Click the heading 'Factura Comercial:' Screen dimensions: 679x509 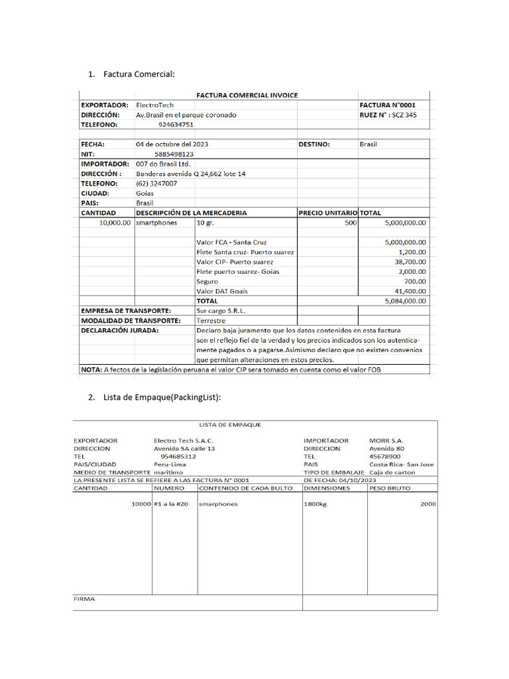pyautogui.click(x=139, y=74)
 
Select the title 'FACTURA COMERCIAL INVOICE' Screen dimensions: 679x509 pyautogui.click(x=247, y=95)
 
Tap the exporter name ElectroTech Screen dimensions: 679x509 pyautogui.click(x=155, y=105)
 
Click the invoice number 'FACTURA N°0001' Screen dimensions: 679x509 pyautogui.click(x=388, y=105)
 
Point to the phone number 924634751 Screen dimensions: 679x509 pyautogui.click(x=176, y=124)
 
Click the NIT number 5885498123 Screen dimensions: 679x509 pyautogui.click(x=174, y=154)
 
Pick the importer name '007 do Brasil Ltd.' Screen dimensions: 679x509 pyautogui.click(x=163, y=163)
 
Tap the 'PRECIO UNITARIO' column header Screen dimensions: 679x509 pyautogui.click(x=327, y=213)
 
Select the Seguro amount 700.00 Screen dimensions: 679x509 pyautogui.click(x=414, y=281)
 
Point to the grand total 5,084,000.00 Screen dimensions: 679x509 pyautogui.click(x=405, y=300)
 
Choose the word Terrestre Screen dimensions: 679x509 pyautogui.click(x=211, y=320)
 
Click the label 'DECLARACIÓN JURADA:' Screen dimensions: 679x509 pyautogui.click(x=120, y=330)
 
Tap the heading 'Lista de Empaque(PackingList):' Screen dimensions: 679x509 pyautogui.click(x=162, y=397)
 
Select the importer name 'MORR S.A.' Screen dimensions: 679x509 pyautogui.click(x=386, y=440)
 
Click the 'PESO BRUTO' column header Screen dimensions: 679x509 pyautogui.click(x=390, y=488)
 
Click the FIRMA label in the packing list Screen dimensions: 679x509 pyautogui.click(x=84, y=599)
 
